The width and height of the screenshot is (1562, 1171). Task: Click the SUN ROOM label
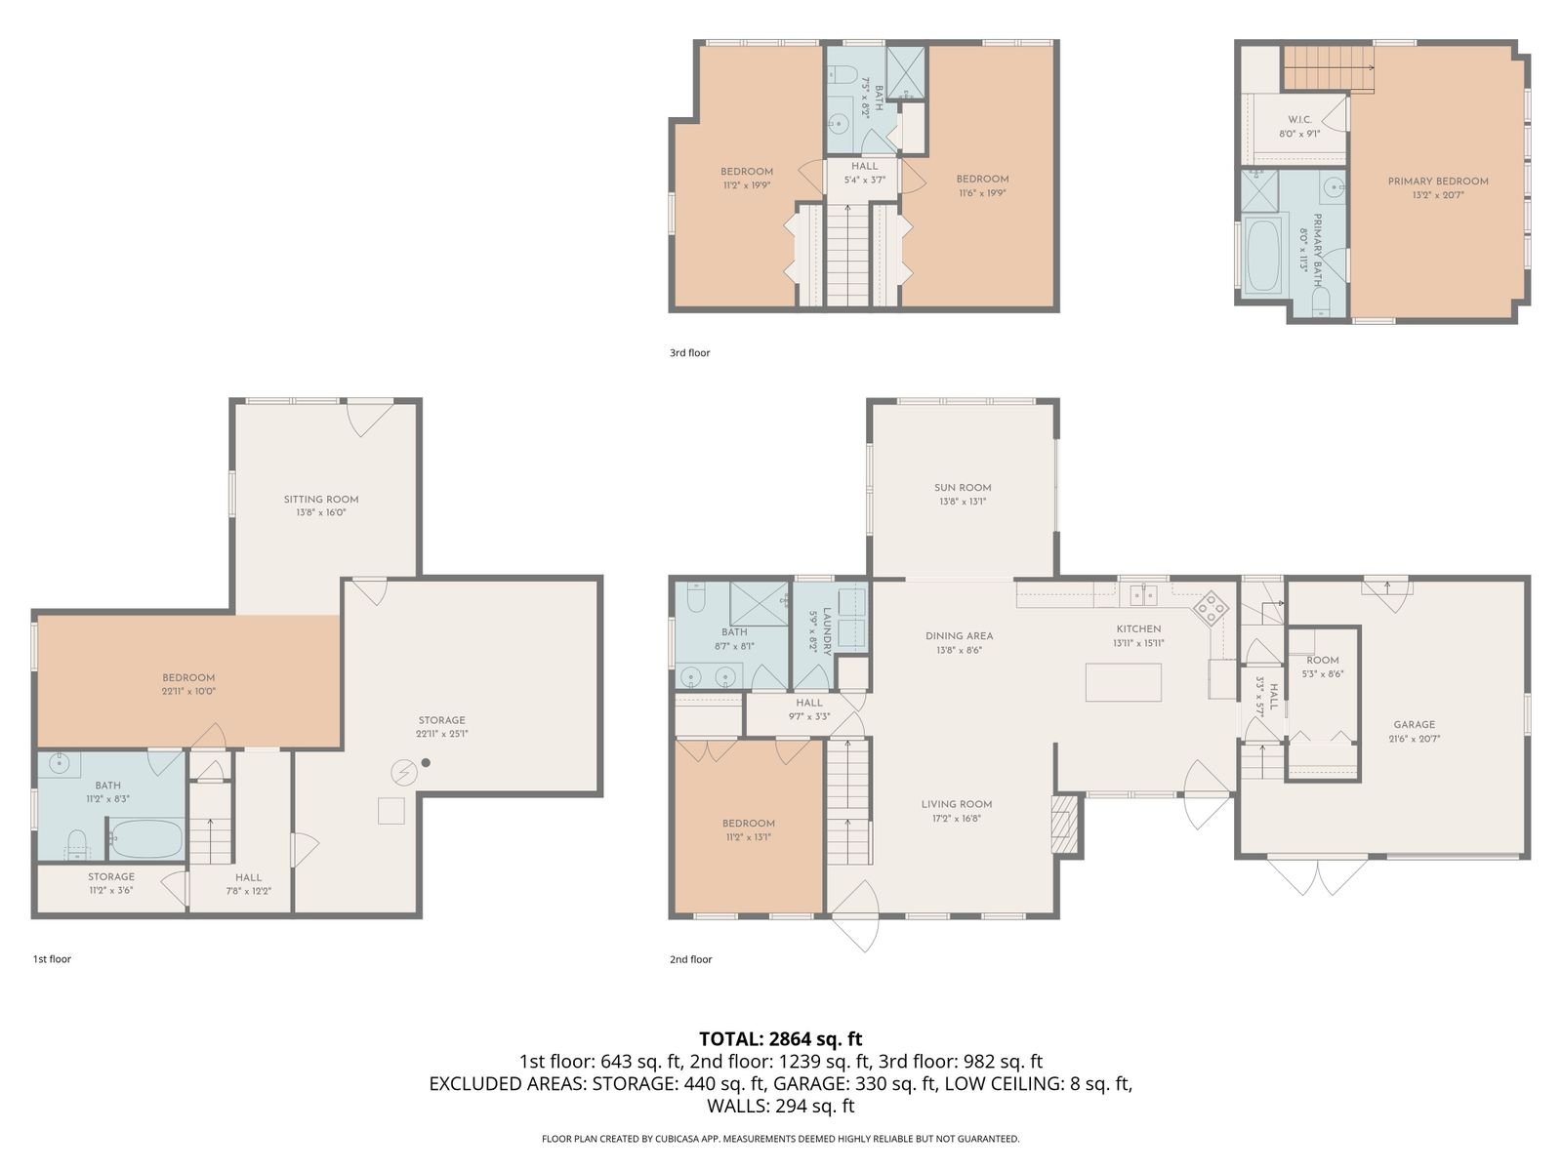pyautogui.click(x=963, y=488)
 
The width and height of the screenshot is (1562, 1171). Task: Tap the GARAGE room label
pyautogui.click(x=1414, y=724)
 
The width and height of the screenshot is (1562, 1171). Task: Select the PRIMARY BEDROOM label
pyautogui.click(x=1437, y=182)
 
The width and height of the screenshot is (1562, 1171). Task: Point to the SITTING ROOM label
pyautogui.click(x=321, y=499)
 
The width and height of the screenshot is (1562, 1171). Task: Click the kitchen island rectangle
pyautogui.click(x=1123, y=682)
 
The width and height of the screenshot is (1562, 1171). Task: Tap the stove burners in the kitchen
pyautogui.click(x=1211, y=609)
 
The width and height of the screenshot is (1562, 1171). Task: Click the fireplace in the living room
pyautogui.click(x=1065, y=824)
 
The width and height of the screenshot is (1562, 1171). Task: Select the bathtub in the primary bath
pyautogui.click(x=1263, y=256)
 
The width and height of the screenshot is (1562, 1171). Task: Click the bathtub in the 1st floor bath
pyautogui.click(x=145, y=839)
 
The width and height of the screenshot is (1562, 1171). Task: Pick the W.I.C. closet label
pyautogui.click(x=1299, y=119)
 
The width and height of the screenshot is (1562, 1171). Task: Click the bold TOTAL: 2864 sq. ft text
pyautogui.click(x=781, y=1038)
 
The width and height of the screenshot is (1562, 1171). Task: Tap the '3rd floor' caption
pyautogui.click(x=689, y=352)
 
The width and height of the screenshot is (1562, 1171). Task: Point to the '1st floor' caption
pyautogui.click(x=52, y=959)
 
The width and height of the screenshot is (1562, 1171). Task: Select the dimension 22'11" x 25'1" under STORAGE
pyautogui.click(x=442, y=734)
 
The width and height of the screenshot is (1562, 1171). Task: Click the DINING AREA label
pyautogui.click(x=959, y=636)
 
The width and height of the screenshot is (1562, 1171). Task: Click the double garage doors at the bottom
pyautogui.click(x=1318, y=875)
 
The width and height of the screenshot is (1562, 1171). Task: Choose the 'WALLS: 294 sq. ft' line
pyautogui.click(x=781, y=1106)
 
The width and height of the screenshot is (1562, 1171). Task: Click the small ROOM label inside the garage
pyautogui.click(x=1322, y=661)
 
